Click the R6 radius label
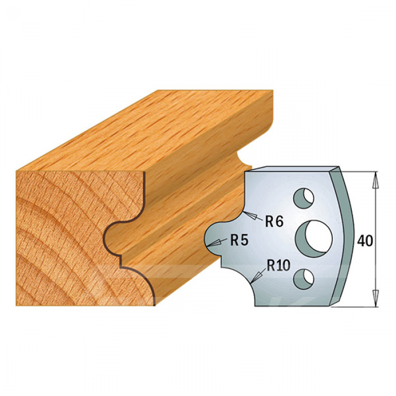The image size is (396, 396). point(274,222)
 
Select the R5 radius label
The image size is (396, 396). point(239,240)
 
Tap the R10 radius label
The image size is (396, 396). point(278,265)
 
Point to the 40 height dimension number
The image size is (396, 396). point(365,241)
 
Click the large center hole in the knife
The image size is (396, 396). point(314,238)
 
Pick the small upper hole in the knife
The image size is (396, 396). point(303,198)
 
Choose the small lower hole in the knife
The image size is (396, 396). point(304,279)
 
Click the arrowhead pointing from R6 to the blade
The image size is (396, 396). point(251,215)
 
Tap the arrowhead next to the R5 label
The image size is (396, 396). point(213,243)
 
